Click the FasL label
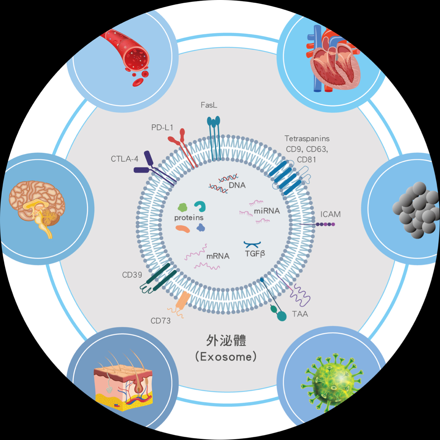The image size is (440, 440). coord(209,105)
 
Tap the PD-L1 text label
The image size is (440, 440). coord(162,128)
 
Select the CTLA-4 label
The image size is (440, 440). coord(124,159)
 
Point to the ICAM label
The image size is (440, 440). coord(331,214)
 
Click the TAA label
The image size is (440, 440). coord(300,314)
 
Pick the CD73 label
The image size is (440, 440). coord(161,321)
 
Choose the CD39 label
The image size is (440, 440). coord(132,275)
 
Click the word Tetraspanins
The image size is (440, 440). coord(307,139)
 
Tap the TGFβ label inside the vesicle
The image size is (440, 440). coord(255,254)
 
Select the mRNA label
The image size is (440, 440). coord(218,256)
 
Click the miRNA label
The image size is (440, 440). coord(267,211)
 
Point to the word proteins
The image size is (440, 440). coord(189,218)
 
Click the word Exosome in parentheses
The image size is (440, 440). coord(226,357)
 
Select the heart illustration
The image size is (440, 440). coord(333,60)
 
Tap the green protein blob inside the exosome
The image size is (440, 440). coord(183,207)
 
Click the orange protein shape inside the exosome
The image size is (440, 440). coord(183,229)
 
